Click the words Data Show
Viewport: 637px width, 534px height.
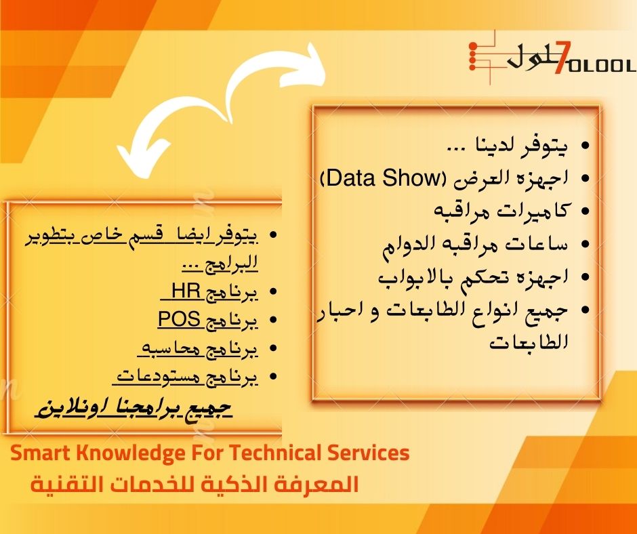tap(384, 178)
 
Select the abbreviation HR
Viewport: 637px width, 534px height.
tap(186, 291)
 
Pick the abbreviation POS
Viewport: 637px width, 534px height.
tap(179, 319)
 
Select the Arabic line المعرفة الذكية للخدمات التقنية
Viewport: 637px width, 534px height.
tap(194, 484)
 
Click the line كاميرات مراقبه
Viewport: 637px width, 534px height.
tap(501, 211)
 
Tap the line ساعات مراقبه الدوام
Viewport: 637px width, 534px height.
tap(475, 244)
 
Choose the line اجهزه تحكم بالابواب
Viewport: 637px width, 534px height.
tap(473, 277)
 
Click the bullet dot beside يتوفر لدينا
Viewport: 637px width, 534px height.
tap(585, 146)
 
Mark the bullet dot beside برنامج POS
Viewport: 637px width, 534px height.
tap(273, 320)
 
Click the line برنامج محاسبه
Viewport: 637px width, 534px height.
tap(198, 348)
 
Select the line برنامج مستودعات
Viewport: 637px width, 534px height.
tap(185, 377)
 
